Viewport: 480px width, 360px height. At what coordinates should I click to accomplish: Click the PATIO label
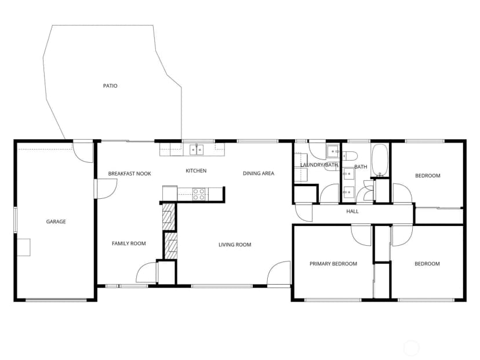(x=110, y=86)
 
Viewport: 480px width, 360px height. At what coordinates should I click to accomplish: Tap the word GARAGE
(x=56, y=221)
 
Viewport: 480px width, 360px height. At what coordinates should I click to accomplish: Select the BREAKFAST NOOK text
(x=129, y=173)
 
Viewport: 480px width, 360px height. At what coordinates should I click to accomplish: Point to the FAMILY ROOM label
(x=129, y=243)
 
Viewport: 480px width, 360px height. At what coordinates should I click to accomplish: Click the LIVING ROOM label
(x=235, y=245)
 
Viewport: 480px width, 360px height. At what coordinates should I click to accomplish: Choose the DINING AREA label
(x=259, y=173)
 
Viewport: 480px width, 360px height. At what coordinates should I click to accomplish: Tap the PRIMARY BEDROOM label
(x=333, y=264)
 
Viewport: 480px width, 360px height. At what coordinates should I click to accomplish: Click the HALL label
(x=352, y=211)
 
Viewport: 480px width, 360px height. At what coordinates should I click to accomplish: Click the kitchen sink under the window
(x=197, y=150)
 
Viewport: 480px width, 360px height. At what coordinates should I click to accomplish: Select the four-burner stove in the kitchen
(x=199, y=194)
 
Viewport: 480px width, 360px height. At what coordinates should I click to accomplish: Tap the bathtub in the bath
(x=380, y=160)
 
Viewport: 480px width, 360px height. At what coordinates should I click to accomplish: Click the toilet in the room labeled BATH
(x=350, y=156)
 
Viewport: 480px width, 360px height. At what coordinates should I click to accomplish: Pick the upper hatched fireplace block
(x=168, y=216)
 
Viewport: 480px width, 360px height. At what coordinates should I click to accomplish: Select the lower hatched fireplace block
(x=170, y=246)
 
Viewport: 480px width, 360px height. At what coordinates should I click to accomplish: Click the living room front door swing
(x=278, y=272)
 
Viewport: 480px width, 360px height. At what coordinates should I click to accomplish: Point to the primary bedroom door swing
(x=361, y=235)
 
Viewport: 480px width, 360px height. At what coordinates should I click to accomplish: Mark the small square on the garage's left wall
(x=24, y=247)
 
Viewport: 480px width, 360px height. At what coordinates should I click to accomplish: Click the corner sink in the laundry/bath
(x=333, y=151)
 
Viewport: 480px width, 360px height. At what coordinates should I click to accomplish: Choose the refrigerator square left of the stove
(x=170, y=193)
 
